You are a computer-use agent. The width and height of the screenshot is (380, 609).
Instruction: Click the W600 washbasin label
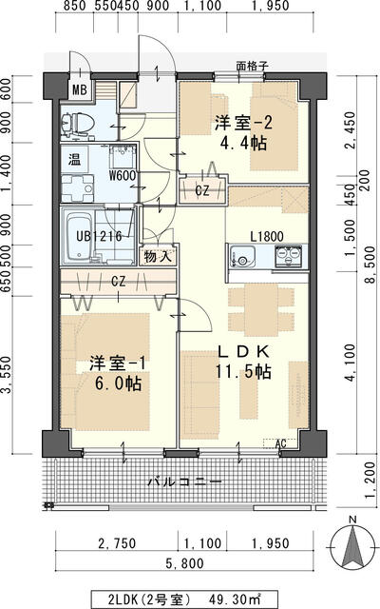122,174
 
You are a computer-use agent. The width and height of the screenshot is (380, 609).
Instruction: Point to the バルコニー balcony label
181,481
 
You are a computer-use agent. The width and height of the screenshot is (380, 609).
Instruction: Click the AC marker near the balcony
280,443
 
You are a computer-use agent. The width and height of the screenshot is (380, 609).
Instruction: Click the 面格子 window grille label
254,68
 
